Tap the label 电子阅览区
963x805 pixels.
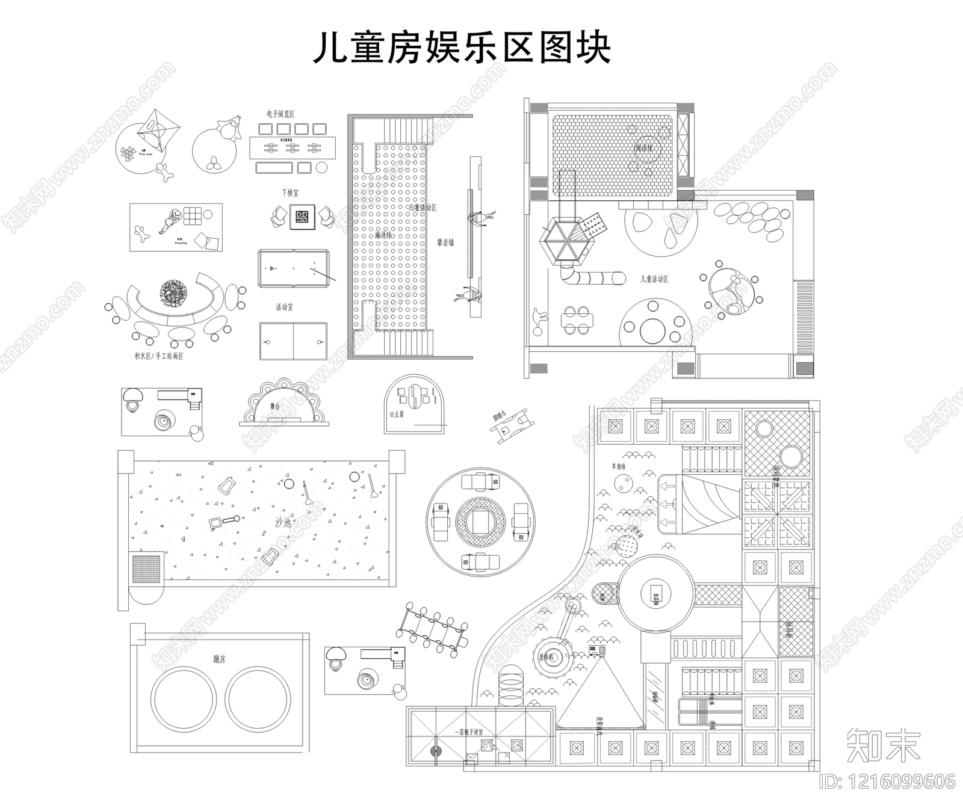(280, 114)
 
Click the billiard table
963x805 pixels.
(294, 268)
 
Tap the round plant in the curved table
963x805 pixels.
(173, 293)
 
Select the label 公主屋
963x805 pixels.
(396, 415)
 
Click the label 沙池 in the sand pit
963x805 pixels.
(283, 522)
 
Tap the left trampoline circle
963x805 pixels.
(182, 699)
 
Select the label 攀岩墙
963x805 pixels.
(445, 243)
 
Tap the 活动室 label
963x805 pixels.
(284, 307)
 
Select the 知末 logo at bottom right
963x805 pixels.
(884, 744)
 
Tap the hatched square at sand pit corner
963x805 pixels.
(146, 569)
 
